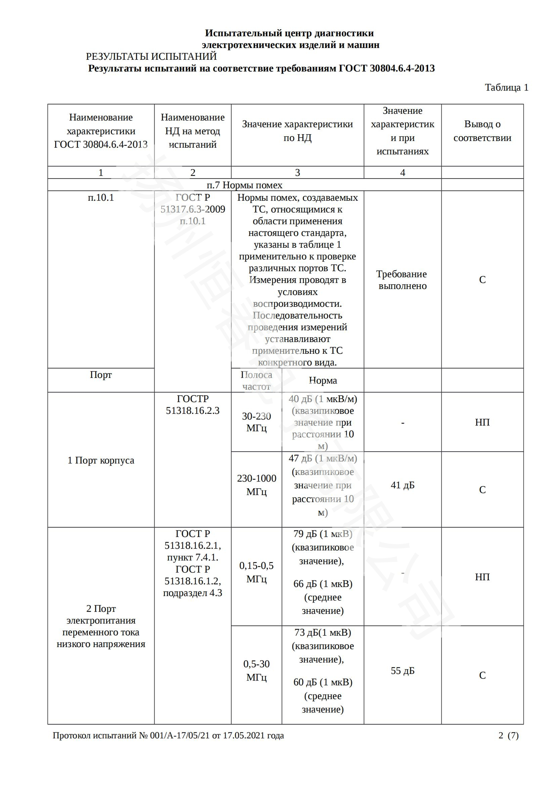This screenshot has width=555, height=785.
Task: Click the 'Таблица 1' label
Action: tap(506, 88)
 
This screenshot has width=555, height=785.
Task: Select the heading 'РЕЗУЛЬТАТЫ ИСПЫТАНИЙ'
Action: tap(151, 56)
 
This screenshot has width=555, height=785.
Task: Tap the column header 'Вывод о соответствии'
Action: tap(482, 131)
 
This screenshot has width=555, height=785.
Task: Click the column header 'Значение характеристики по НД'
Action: tap(297, 131)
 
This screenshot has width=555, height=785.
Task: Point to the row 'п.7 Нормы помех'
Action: tap(244, 185)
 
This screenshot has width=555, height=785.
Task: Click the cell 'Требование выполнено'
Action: tap(402, 280)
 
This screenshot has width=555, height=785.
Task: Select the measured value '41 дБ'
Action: tap(402, 485)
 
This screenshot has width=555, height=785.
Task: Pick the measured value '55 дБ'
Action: tap(402, 671)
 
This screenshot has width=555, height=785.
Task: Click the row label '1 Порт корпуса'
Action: tap(101, 460)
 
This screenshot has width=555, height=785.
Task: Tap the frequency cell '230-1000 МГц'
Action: tap(256, 485)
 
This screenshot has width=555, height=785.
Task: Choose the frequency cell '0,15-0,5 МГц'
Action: tap(256, 572)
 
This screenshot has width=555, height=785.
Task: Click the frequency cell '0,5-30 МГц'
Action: tap(256, 671)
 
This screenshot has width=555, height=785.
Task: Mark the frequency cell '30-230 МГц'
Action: tap(256, 422)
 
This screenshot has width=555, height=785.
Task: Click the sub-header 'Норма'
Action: tap(322, 380)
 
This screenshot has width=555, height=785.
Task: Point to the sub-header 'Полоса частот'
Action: tap(256, 381)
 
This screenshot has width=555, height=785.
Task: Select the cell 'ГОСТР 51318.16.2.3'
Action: tap(193, 404)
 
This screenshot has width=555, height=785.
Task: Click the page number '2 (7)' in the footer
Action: tap(508, 735)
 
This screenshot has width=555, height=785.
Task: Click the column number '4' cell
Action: tap(403, 173)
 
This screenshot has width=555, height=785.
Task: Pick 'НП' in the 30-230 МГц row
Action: tap(482, 422)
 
